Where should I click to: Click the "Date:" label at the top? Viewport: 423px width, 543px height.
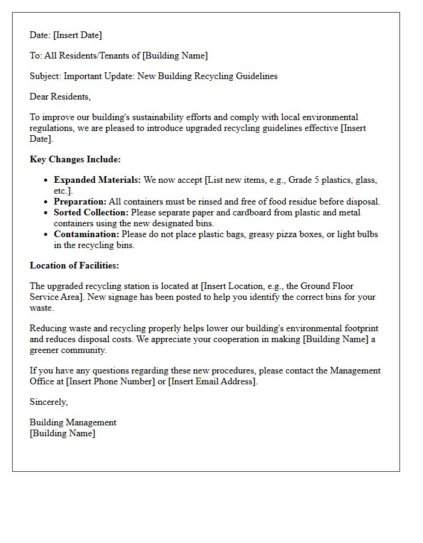pos(40,35)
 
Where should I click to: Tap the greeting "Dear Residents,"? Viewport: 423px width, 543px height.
pos(60,97)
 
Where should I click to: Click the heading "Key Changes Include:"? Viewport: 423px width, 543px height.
pos(76,159)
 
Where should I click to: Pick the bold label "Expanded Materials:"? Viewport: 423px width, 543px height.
pos(97,180)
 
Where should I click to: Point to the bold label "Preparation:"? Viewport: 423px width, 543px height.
pos(80,202)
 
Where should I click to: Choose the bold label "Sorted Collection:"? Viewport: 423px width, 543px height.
pos(91,212)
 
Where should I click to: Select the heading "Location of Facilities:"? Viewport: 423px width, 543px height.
pos(74,265)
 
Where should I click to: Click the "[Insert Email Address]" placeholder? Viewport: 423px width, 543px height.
pos(213,381)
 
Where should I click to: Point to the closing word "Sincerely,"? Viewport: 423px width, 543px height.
pos(49,402)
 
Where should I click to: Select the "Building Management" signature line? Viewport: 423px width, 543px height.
pos(73,422)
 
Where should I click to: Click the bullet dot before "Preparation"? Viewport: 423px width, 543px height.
pos(47,202)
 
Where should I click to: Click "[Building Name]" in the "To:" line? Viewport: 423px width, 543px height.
pos(175,56)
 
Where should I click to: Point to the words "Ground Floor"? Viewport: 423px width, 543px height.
pos(327,286)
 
